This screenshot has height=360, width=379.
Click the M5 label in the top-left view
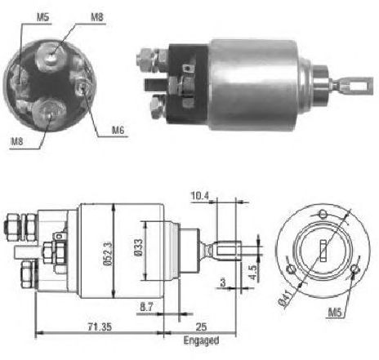tap(43, 17)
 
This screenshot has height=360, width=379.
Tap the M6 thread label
tap(118, 130)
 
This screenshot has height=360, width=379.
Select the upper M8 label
tap(97, 17)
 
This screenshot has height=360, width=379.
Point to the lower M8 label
tap(16, 141)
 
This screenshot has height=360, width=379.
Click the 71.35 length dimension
tap(100, 327)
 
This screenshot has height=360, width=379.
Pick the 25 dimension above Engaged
tap(201, 327)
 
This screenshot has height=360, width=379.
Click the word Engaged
tap(201, 340)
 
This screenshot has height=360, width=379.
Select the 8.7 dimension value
tap(146, 307)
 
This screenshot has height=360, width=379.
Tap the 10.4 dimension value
tap(199, 195)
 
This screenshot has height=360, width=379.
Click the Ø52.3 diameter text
tap(108, 253)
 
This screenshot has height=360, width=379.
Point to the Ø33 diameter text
tap(138, 247)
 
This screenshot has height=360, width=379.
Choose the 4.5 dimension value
tap(252, 272)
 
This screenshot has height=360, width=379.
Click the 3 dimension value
tap(223, 282)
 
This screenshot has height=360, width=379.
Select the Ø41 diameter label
tap(285, 299)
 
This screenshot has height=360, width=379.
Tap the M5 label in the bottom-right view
tap(335, 312)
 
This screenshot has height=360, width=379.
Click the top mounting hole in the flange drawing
tap(323, 214)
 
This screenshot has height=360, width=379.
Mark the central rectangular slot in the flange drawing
tap(323, 251)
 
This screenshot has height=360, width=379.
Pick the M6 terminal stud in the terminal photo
tap(82, 87)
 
